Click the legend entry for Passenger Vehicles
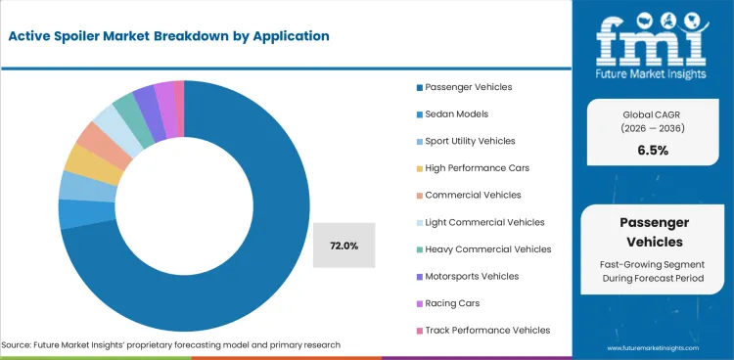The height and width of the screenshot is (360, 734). (463, 87)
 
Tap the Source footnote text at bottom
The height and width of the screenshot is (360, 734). (171, 345)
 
